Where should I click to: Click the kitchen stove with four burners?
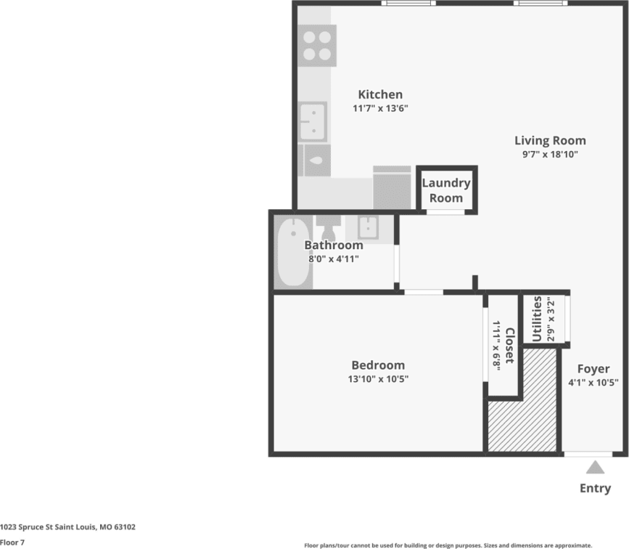(x=317, y=46)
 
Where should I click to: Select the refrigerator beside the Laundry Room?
(x=392, y=188)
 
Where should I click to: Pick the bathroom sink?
(x=368, y=227)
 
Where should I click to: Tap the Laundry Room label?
(x=446, y=190)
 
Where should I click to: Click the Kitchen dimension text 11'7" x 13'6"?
(x=380, y=109)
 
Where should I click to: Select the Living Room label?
(x=550, y=141)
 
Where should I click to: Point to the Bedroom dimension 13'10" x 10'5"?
(x=378, y=379)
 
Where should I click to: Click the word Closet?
(x=509, y=346)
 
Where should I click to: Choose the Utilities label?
(x=537, y=319)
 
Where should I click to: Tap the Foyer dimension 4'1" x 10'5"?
(x=593, y=383)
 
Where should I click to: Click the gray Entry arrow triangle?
(x=595, y=467)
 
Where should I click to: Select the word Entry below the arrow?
(x=595, y=489)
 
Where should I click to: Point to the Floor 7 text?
(x=12, y=542)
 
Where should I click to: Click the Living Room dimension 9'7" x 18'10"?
(x=550, y=155)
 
